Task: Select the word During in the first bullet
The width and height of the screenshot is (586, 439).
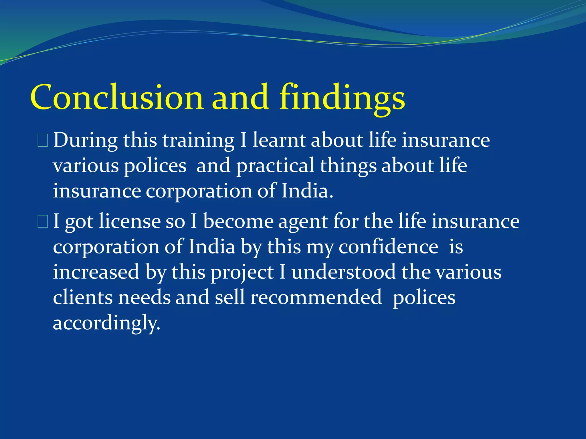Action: point(85,140)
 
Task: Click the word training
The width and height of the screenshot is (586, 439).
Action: point(198,141)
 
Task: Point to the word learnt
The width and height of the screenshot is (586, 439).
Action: point(279,140)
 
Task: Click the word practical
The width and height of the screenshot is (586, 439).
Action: point(275,166)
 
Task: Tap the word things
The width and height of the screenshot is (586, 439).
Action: point(348,166)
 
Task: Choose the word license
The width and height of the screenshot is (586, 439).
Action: point(130,222)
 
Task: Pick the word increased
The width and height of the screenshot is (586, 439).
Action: point(96,272)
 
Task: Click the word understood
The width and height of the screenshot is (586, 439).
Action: point(343,272)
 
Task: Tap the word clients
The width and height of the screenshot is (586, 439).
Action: point(83,297)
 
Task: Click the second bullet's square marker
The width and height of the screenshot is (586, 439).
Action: point(43,222)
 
